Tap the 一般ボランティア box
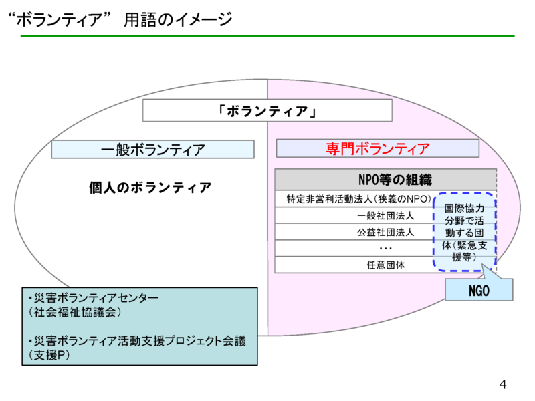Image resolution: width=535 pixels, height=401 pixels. (153, 149)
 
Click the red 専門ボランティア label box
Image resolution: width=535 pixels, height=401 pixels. (377, 148)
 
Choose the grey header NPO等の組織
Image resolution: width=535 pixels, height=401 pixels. (385, 179)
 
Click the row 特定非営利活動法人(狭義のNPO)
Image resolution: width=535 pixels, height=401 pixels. (354, 199)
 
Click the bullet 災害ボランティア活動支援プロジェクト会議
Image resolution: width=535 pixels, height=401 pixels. (137, 341)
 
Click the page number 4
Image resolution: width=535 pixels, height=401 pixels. (503, 384)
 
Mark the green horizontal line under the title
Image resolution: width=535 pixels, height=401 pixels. (267, 35)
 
